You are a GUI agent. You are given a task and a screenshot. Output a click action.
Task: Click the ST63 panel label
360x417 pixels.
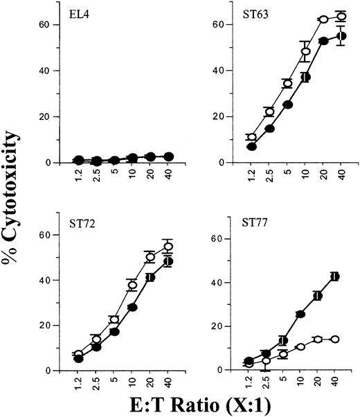242,13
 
